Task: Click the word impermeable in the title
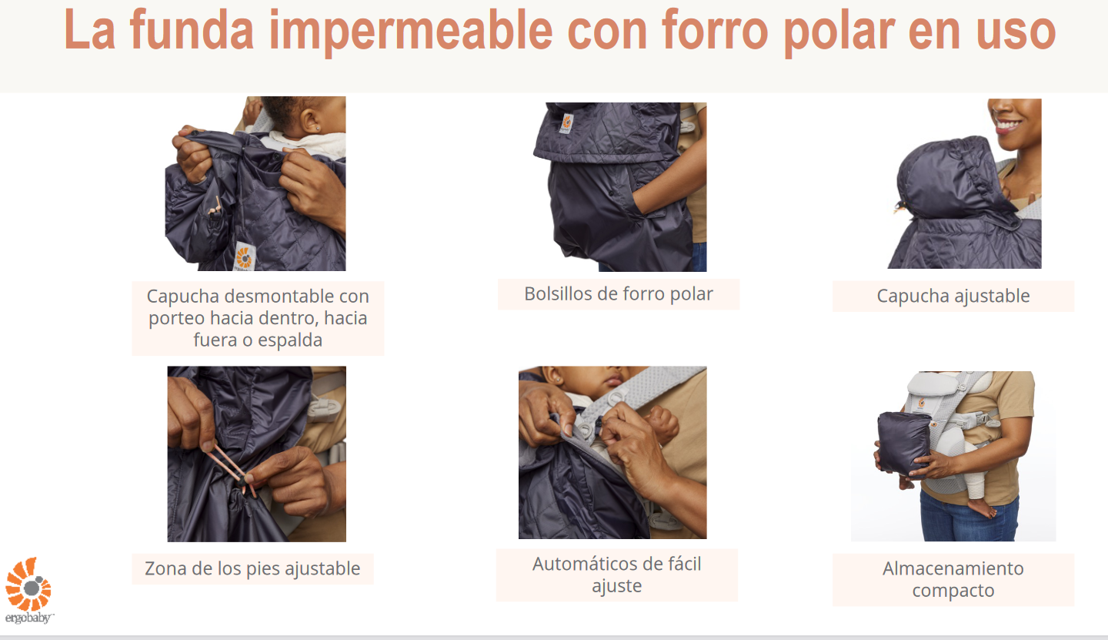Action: point(411,31)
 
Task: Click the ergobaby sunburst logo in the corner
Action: point(28,584)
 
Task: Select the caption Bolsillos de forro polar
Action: point(619,294)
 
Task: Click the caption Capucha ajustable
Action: point(953,296)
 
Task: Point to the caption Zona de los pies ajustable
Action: point(252,568)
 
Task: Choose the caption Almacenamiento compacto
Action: point(953,579)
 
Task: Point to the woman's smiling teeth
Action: point(1007,124)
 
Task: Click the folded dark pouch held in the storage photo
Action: point(904,444)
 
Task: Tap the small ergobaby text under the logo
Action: point(28,618)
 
